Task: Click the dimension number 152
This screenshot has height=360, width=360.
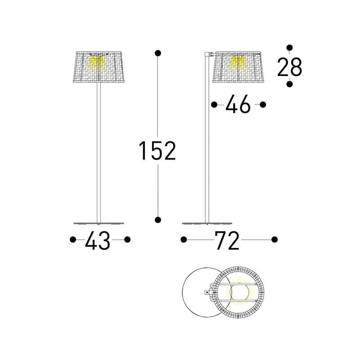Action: pos(157,151)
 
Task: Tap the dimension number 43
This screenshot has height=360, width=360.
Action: pos(98,240)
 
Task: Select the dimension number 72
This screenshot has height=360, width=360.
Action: pos(227,240)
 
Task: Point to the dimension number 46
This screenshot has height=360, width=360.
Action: pos(238,104)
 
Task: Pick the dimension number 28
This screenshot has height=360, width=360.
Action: pos(289,67)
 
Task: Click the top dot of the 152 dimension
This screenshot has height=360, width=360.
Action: pos(158,53)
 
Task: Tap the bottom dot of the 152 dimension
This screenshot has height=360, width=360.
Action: pos(158,220)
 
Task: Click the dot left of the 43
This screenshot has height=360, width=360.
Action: pos(73,240)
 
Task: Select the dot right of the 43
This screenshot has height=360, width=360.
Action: pos(127,240)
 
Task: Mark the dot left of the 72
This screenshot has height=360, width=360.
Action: pos(184,240)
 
